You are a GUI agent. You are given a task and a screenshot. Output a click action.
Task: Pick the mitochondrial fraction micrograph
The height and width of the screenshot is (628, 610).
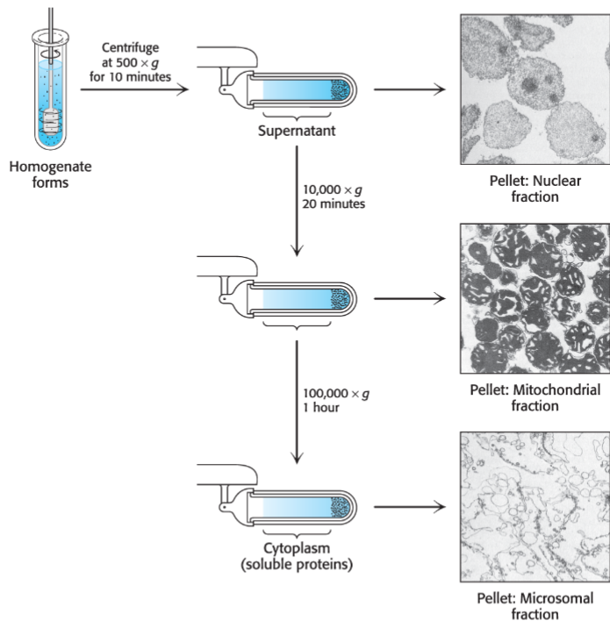[535, 298]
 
